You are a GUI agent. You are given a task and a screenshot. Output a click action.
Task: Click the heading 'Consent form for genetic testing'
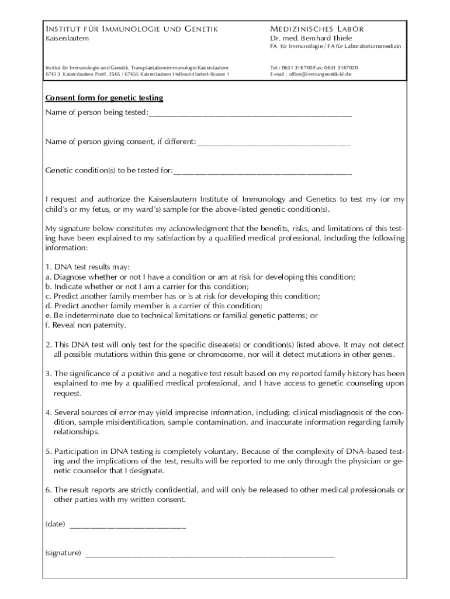click(105, 98)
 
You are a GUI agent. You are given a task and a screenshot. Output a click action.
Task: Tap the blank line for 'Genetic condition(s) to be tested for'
click(263, 172)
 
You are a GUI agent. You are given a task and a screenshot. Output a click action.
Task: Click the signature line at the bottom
click(210, 555)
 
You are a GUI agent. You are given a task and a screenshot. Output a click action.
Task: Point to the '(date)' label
click(55, 524)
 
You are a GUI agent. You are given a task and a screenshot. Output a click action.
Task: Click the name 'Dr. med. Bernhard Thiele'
click(311, 38)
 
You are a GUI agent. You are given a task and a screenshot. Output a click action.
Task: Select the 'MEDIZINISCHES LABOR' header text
click(317, 29)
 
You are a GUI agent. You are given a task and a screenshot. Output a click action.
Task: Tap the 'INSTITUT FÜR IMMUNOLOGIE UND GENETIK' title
click(132, 29)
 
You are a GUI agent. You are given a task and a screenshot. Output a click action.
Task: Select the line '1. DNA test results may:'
click(84, 267)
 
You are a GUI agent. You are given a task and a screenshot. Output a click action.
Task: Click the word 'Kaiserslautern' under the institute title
click(67, 38)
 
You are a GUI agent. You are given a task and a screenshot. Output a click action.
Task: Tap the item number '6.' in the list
click(49, 489)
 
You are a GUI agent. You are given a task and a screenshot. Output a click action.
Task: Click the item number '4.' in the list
click(49, 412)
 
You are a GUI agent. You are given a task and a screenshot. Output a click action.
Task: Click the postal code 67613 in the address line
click(53, 75)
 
